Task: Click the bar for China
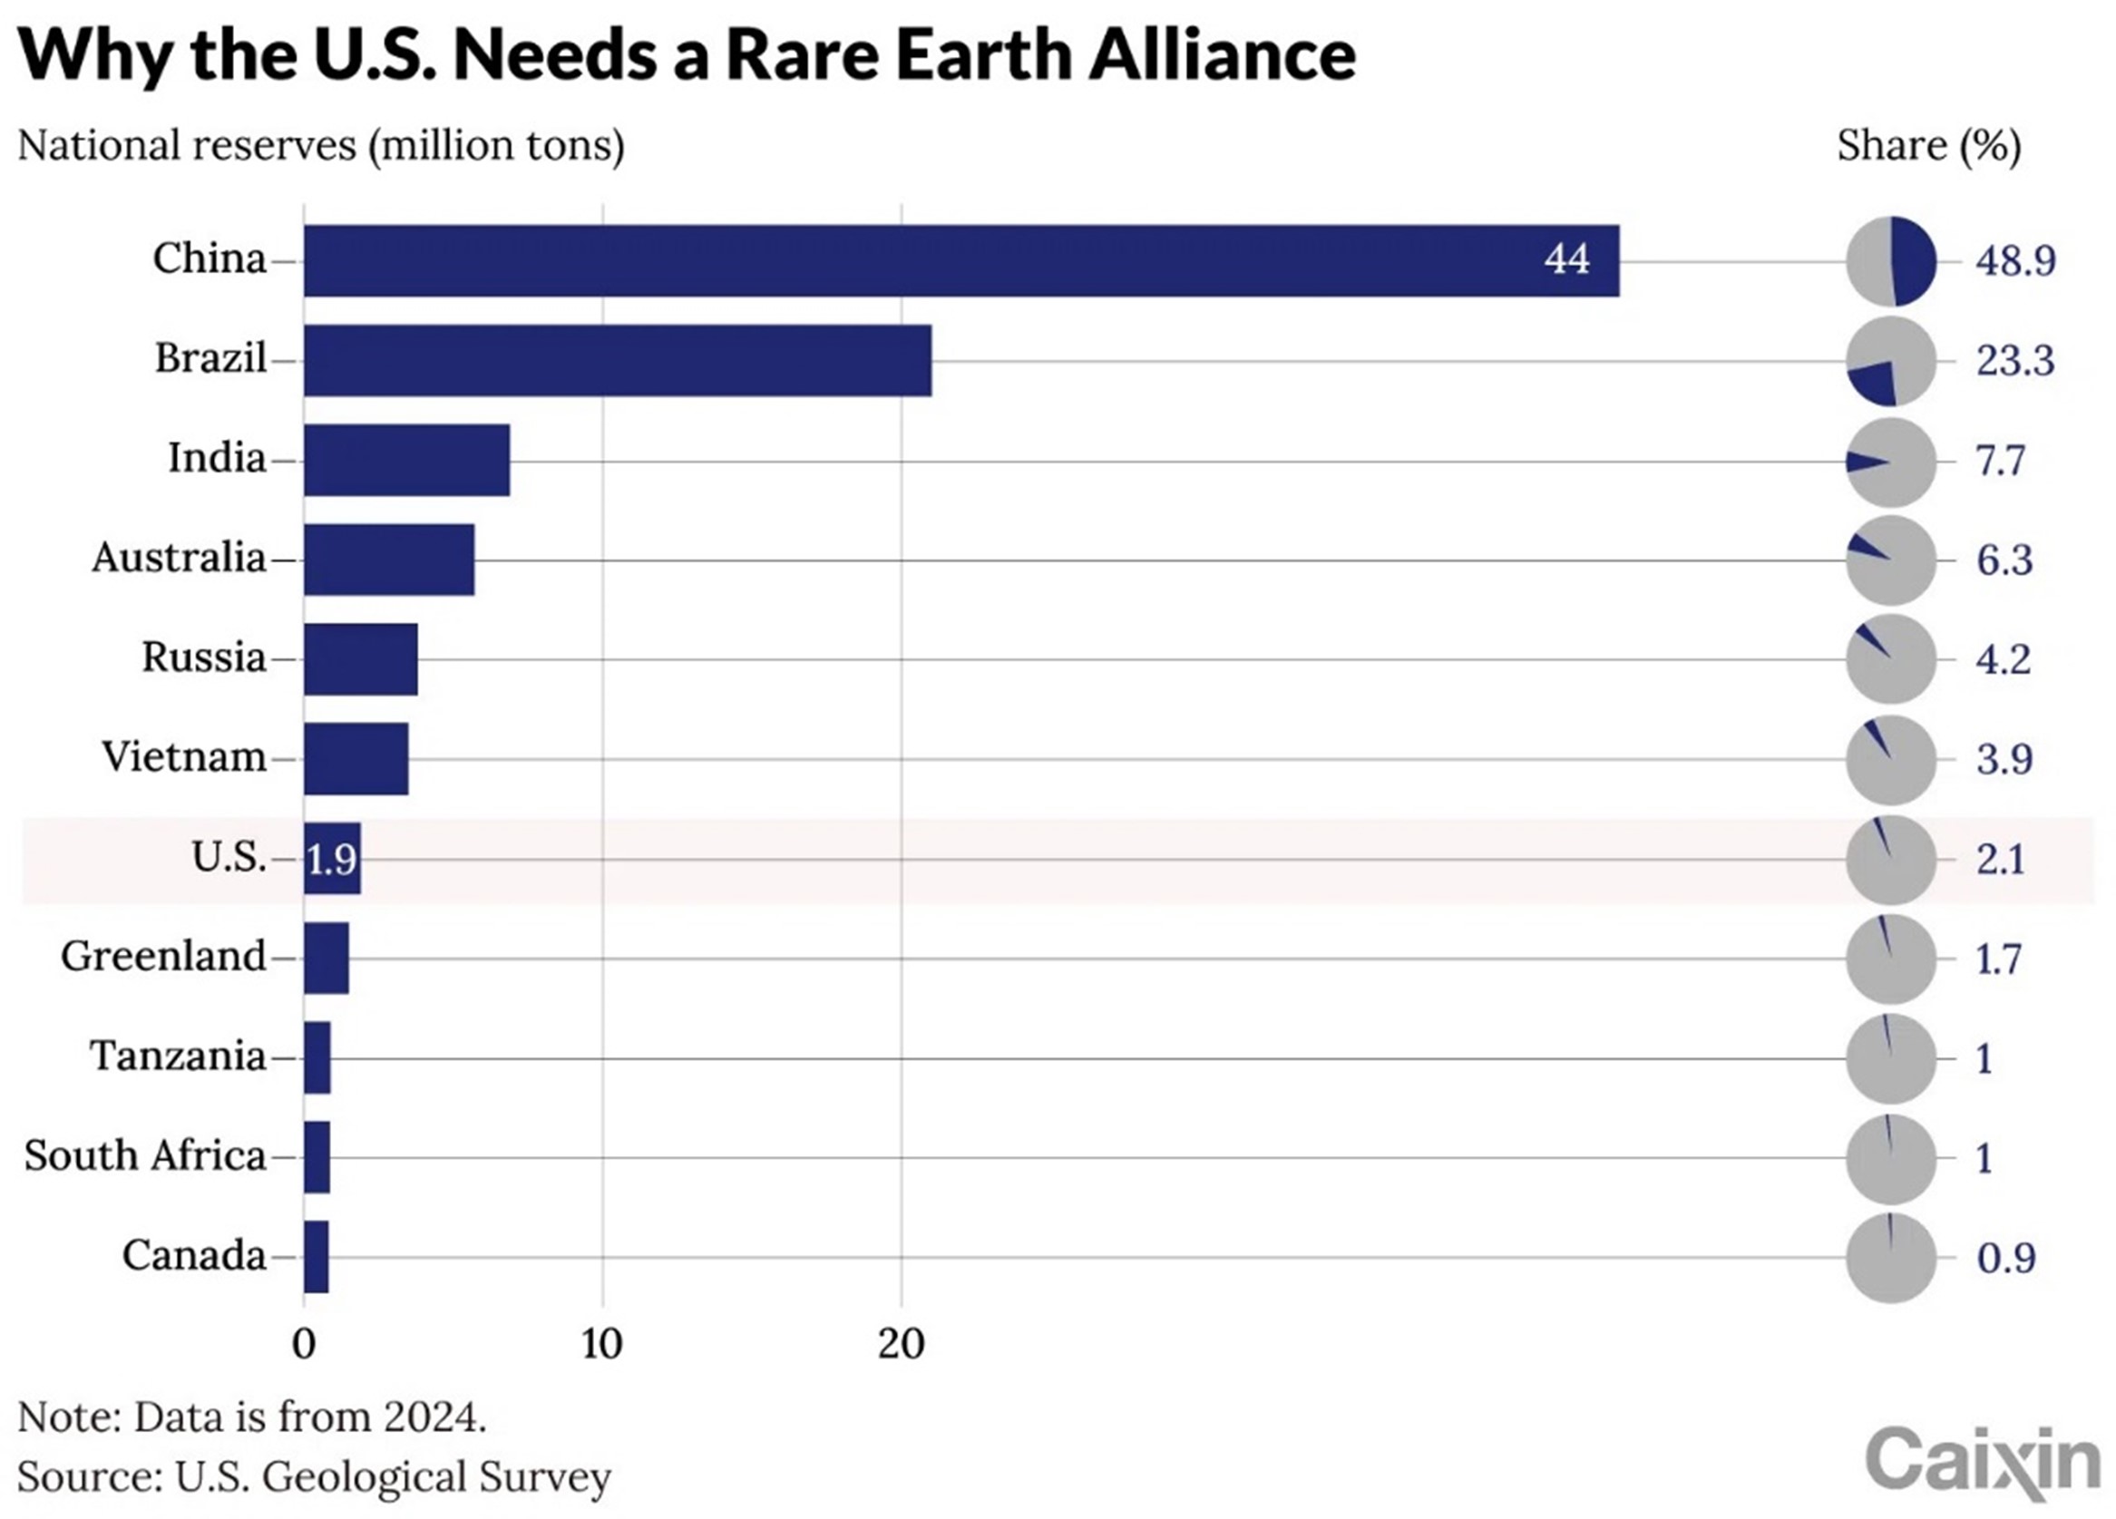[961, 261]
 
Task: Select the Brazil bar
[617, 361]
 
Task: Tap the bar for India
[406, 460]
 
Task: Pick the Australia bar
[389, 560]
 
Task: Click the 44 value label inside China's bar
[1566, 259]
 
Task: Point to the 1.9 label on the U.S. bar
[331, 860]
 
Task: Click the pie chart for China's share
[1891, 261]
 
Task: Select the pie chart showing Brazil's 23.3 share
[1891, 362]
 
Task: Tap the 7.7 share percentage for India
[2000, 461]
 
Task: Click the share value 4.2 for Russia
[2003, 659]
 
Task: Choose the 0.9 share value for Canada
[2005, 1259]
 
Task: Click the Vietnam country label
[184, 756]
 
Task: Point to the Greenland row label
[163, 957]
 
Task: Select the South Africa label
[145, 1156]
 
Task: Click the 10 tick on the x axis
[601, 1345]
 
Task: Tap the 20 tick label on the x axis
[902, 1345]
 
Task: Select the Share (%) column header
[1928, 147]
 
